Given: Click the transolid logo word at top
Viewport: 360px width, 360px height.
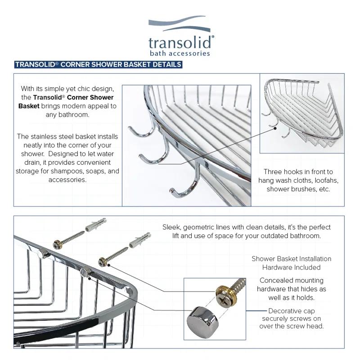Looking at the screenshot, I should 180,42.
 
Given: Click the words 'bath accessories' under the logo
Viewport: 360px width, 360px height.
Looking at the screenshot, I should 180,54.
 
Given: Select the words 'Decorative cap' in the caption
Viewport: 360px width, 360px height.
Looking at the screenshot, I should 292,310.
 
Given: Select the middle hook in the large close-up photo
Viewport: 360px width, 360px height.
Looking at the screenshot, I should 154,156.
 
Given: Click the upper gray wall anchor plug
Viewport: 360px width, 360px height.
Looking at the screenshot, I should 95,224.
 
